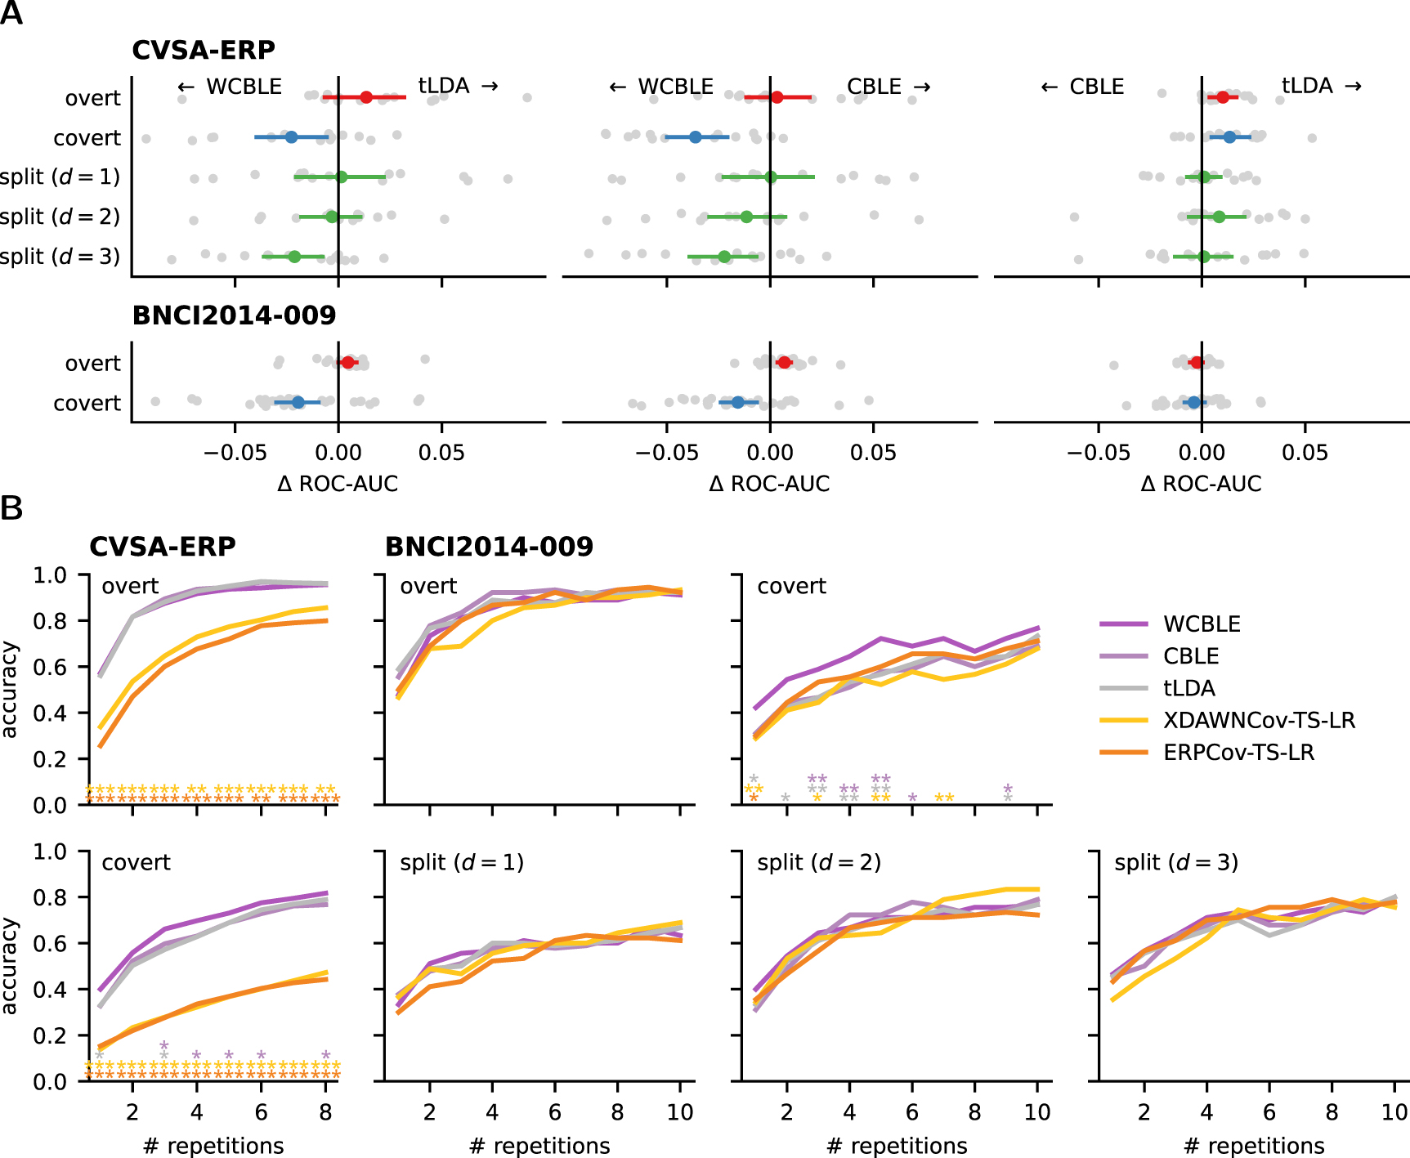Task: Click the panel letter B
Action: click(x=11, y=508)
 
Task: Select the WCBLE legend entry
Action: click(x=1202, y=624)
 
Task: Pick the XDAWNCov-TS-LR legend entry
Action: click(x=1259, y=720)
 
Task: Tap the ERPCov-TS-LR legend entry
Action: click(x=1238, y=753)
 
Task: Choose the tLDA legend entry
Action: click(x=1188, y=688)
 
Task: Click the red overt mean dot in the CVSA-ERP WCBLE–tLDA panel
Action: click(x=366, y=97)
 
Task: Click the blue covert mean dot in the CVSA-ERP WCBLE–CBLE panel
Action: click(x=695, y=136)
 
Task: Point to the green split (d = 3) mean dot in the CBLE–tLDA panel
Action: click(x=1203, y=257)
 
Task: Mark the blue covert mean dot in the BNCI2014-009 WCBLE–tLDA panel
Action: click(x=298, y=402)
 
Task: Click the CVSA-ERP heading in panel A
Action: click(x=204, y=50)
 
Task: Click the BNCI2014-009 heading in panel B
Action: click(x=489, y=546)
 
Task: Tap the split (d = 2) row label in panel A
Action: click(x=60, y=217)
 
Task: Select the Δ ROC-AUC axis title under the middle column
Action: click(x=769, y=484)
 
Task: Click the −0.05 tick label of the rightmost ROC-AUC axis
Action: click(x=1098, y=453)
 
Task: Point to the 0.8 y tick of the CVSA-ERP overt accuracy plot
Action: click(x=50, y=621)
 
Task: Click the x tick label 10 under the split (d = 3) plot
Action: click(x=1394, y=1112)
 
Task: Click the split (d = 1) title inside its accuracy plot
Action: click(x=461, y=862)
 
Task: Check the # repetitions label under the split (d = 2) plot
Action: click(x=897, y=1146)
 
